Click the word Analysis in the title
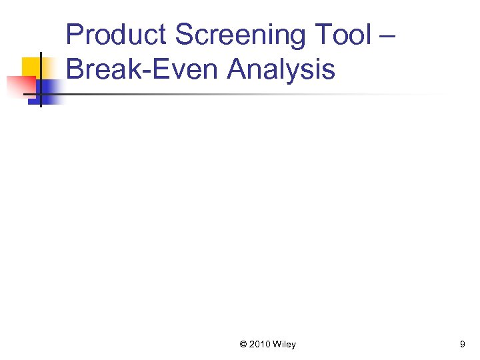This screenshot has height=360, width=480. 281,69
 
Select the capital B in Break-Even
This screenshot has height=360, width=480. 75,69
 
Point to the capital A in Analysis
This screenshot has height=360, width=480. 236,69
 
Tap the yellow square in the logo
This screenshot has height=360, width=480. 33,67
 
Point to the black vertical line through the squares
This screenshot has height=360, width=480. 40,80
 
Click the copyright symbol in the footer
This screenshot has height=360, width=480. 243,345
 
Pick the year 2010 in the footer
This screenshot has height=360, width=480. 260,345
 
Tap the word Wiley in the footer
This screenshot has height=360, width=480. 285,345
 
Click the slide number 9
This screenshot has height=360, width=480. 462,345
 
